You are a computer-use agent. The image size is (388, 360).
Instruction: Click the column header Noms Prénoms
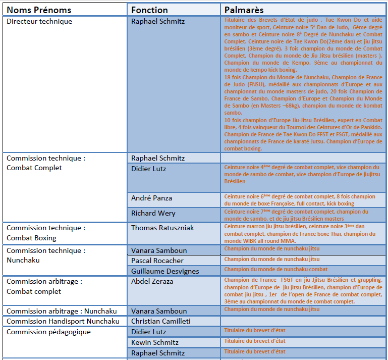click(39, 10)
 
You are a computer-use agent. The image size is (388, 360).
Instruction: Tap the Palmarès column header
click(244, 10)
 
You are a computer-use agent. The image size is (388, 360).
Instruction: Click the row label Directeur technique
click(39, 21)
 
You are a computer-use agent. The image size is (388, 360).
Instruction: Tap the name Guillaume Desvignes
click(164, 271)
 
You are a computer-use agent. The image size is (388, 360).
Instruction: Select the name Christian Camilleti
click(161, 322)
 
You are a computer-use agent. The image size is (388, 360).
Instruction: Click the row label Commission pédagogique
click(48, 332)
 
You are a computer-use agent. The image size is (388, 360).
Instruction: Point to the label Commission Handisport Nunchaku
click(63, 322)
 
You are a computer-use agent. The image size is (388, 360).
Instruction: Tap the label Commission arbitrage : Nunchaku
click(62, 311)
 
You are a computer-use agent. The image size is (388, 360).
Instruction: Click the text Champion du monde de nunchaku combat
click(275, 270)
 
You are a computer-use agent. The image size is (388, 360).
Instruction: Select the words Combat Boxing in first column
click(31, 238)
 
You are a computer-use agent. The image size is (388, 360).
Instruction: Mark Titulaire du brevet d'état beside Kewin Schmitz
click(254, 341)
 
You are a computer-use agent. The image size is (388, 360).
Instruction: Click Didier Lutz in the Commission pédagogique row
click(148, 332)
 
